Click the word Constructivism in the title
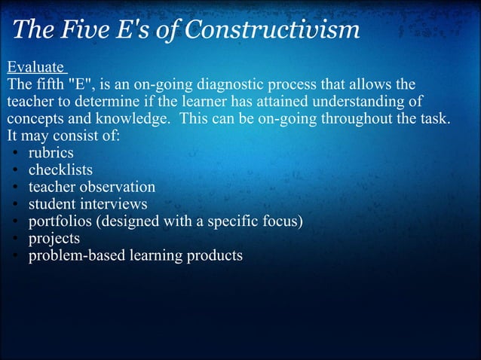(273, 31)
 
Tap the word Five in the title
(84, 31)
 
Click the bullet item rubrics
(51, 153)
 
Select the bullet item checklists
(60, 169)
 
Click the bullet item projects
(54, 239)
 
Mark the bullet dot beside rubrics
(16, 154)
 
